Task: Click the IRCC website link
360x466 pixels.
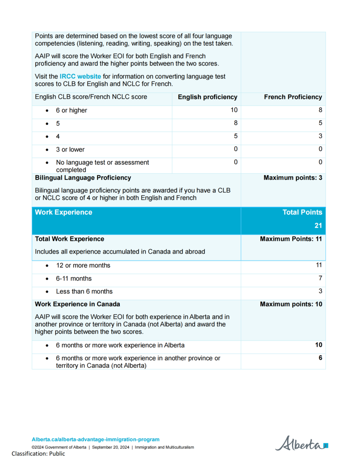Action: pos(80,77)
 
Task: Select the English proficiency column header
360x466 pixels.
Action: pos(207,97)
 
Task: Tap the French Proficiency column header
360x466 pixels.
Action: pos(293,97)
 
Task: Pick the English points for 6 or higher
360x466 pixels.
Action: pos(234,110)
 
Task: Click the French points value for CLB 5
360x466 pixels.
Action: pos(320,123)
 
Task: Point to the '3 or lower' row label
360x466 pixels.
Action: pos(70,150)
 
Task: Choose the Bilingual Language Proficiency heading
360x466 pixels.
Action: pos(83,178)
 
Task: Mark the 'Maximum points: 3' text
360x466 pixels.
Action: pos(293,178)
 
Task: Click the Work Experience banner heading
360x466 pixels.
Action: pos(64,212)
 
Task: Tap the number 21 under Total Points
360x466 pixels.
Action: pos(318,226)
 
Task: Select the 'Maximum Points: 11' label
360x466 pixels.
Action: pos(291,239)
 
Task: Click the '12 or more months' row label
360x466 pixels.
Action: pos(83,265)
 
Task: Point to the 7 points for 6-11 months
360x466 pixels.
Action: pos(320,278)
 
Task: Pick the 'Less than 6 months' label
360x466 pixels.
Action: pos(84,292)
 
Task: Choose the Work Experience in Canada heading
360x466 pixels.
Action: pos(77,304)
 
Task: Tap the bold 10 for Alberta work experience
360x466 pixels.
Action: pos(318,345)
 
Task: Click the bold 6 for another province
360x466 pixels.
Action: pos(320,358)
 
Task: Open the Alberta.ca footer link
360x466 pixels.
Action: pos(95,440)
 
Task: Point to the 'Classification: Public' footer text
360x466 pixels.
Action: pos(38,454)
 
